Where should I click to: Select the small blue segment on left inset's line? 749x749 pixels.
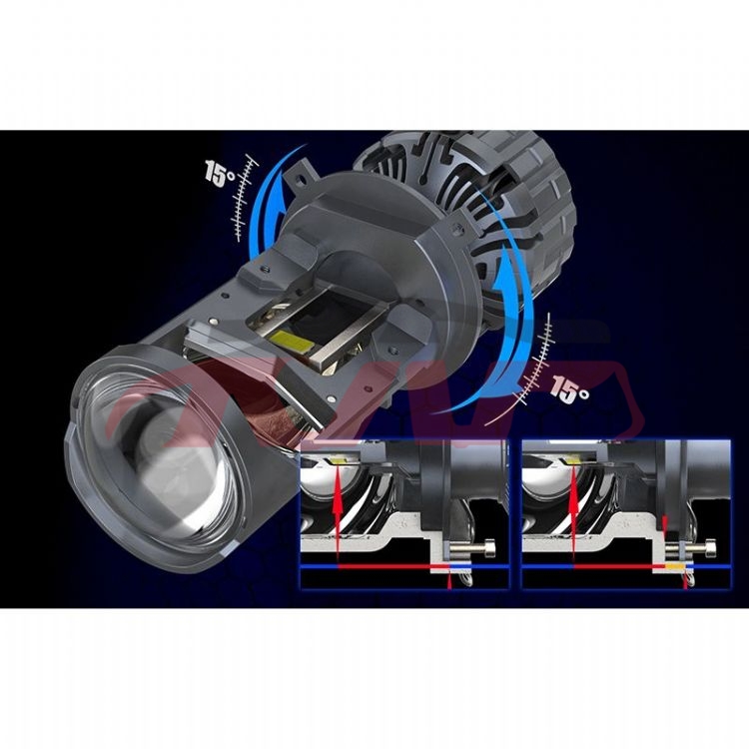[458, 566]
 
